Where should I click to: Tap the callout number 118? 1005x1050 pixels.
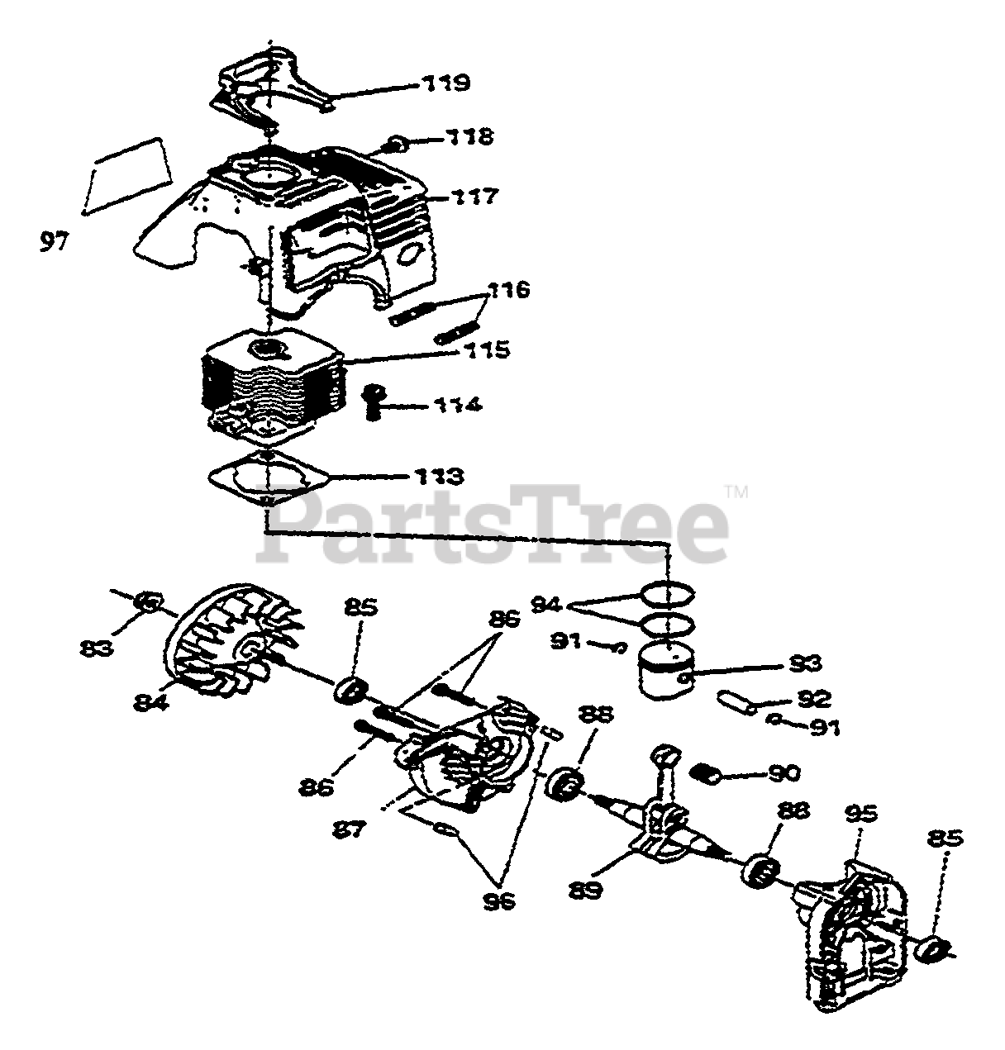[x=469, y=137]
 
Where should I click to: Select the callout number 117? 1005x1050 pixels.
[x=474, y=197]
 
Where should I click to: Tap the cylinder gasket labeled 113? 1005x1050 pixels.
[x=268, y=479]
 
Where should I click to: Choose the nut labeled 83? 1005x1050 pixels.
[x=147, y=604]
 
